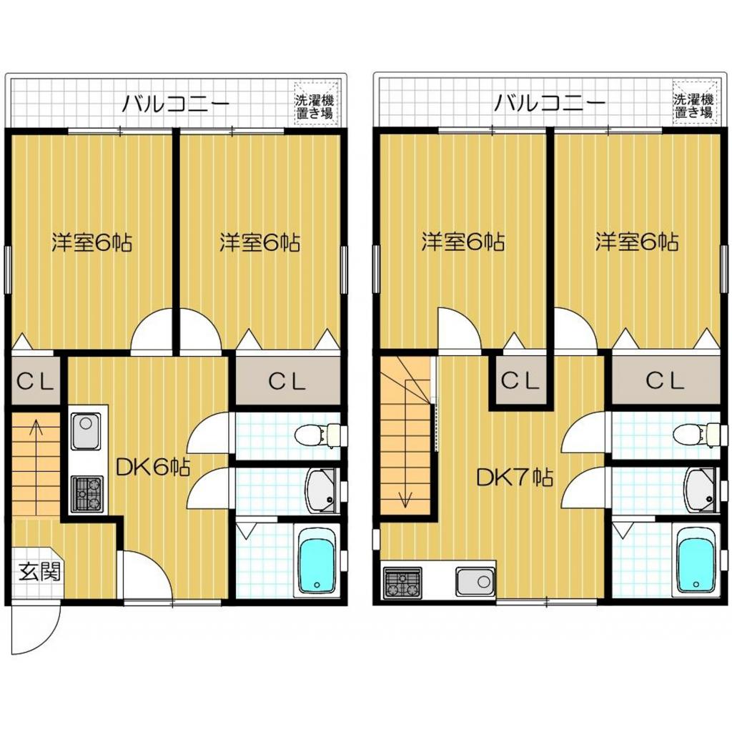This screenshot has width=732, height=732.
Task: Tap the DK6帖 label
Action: pyautogui.click(x=152, y=468)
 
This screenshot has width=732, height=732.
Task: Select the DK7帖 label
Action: pyautogui.click(x=515, y=478)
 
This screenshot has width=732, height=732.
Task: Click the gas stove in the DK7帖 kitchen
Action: pyautogui.click(x=402, y=582)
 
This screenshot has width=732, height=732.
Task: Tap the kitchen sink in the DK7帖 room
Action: pyautogui.click(x=475, y=582)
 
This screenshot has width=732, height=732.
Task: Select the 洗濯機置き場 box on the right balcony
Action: pyautogui.click(x=693, y=106)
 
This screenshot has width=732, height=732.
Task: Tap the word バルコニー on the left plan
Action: pyautogui.click(x=175, y=104)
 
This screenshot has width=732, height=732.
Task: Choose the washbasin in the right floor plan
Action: pyautogui.click(x=699, y=490)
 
